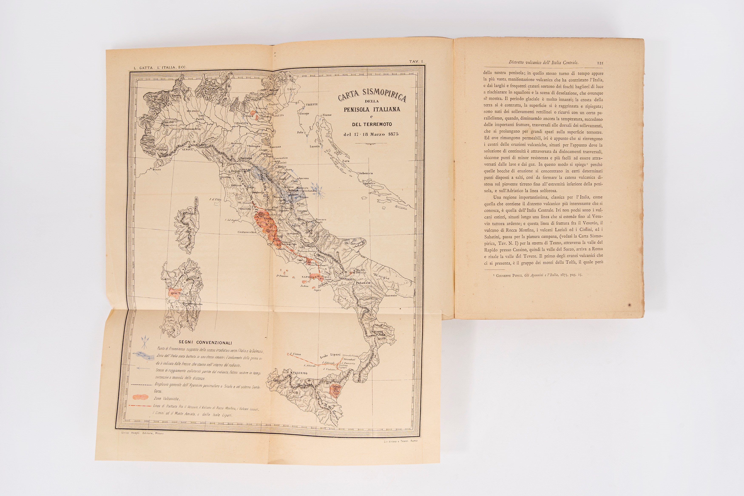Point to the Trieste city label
click(311, 104)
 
